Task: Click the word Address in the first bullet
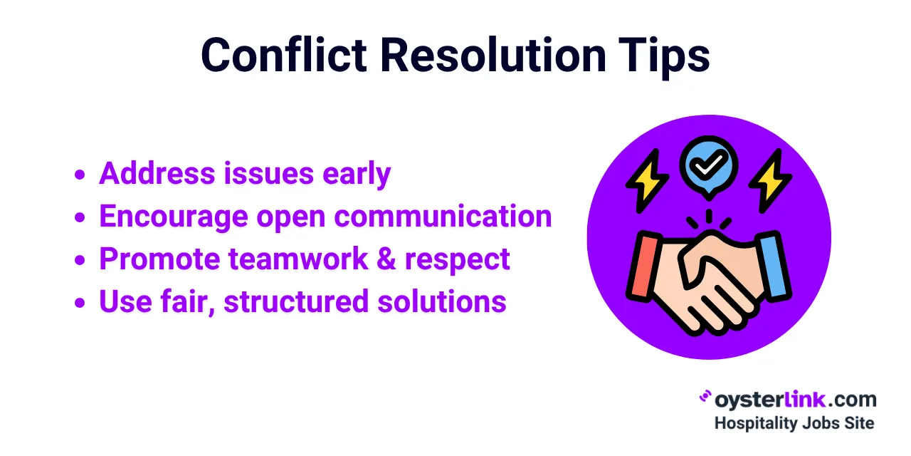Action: click(147, 173)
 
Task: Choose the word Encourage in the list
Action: click(173, 216)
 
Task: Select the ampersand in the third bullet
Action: click(384, 259)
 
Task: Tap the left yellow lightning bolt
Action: click(646, 180)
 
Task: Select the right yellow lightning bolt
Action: click(771, 180)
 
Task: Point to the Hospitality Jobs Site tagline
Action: click(794, 423)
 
